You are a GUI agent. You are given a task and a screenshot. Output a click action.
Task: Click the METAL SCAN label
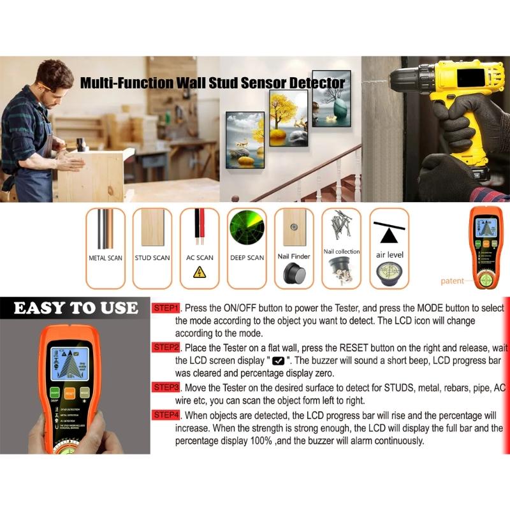[x=105, y=258]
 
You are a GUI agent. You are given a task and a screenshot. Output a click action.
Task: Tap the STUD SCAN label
[x=152, y=258]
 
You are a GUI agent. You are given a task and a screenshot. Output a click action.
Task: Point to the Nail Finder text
[x=294, y=256]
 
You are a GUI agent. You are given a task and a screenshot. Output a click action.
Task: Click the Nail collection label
[x=342, y=252]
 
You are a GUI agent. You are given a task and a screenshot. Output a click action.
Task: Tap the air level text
[x=389, y=255]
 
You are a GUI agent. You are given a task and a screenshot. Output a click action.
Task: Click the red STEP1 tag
[x=166, y=308]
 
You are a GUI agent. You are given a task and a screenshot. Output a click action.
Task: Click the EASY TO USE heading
[x=75, y=309]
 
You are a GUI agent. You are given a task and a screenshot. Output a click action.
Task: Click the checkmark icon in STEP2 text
[x=278, y=361]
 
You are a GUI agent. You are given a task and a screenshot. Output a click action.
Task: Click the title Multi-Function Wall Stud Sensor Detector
[x=212, y=83]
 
